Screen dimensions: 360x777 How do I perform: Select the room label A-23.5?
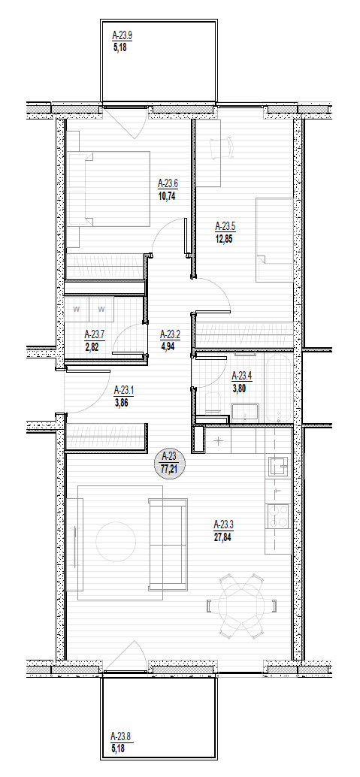pos(225,227)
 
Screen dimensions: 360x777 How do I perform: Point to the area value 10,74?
pos(167,195)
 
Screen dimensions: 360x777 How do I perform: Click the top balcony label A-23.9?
pos(122,35)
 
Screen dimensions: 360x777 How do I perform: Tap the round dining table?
pos(241,605)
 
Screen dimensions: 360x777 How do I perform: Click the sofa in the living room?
pos(168,545)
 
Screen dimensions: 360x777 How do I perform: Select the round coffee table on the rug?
pos(116,541)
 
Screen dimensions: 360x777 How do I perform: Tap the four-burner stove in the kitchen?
pos(277,515)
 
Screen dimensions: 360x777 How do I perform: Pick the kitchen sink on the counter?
pos(277,467)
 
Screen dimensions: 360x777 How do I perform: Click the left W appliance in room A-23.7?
pos(77,309)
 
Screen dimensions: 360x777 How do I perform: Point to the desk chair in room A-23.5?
pos(222,148)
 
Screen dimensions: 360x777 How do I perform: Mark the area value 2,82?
pos(92,347)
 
